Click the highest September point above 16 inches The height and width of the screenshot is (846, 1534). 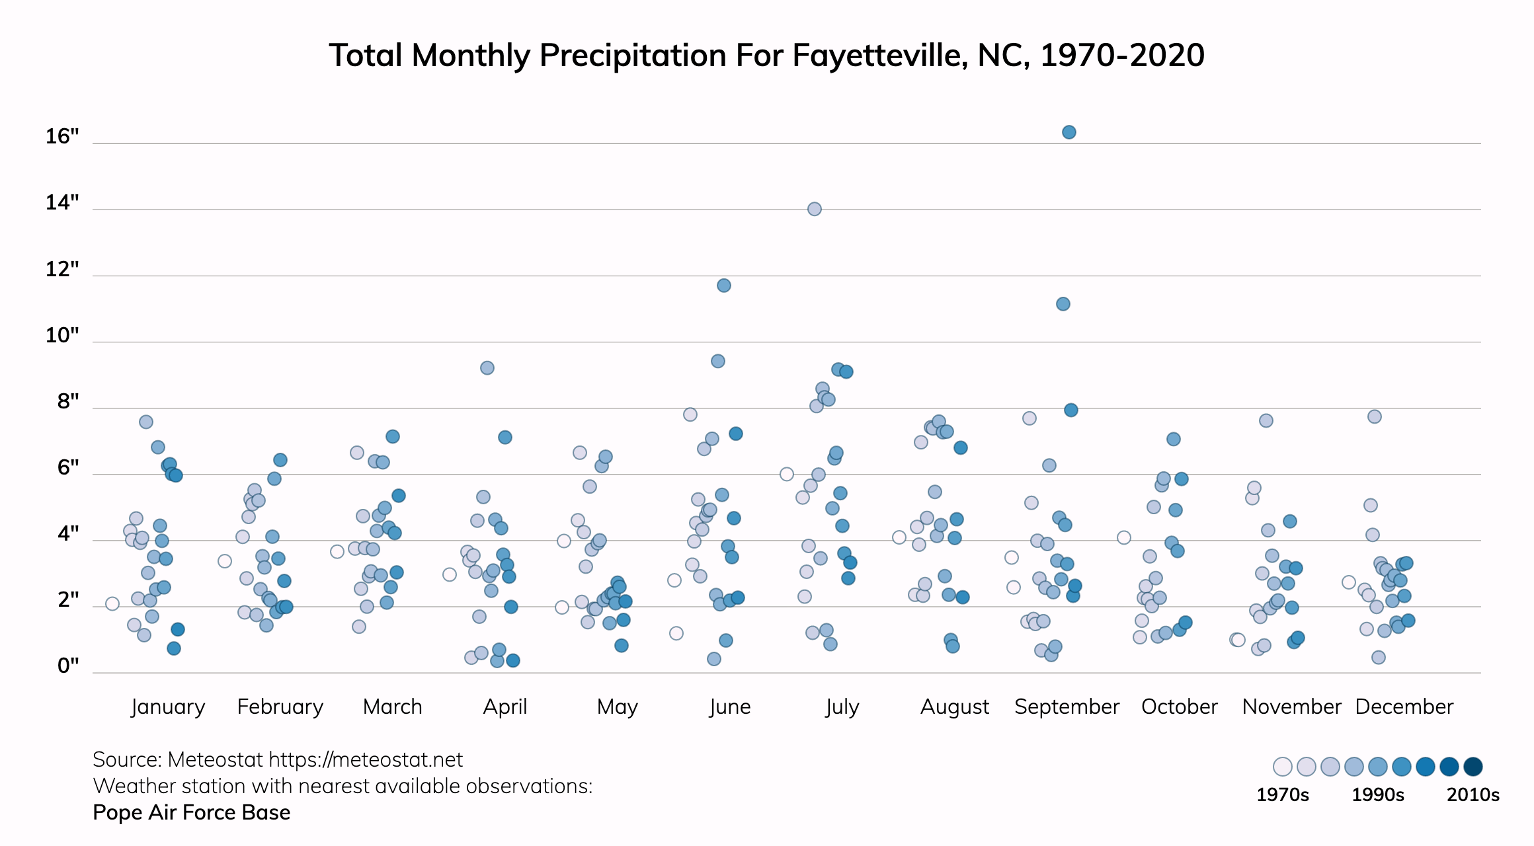point(1069,132)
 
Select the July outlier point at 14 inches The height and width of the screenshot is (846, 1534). point(815,209)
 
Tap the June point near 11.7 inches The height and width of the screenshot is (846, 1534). point(724,286)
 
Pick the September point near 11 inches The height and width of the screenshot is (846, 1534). point(1063,304)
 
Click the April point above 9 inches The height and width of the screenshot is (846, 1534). point(487,368)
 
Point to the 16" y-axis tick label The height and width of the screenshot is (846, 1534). point(62,137)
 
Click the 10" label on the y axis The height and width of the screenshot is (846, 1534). point(62,336)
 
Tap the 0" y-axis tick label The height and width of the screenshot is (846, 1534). point(68,666)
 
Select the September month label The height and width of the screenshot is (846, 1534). point(1067,707)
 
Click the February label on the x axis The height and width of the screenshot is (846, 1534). point(280,707)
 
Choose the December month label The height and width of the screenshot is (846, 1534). point(1404,707)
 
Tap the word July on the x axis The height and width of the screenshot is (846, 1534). point(842,707)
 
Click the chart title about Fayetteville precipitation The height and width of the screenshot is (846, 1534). point(767,56)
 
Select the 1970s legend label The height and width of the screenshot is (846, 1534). point(1283,794)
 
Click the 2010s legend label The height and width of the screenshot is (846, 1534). point(1473,794)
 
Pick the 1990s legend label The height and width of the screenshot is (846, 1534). point(1378,794)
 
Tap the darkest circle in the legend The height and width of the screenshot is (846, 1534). point(1473,767)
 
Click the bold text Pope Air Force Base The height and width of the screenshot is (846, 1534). point(192,812)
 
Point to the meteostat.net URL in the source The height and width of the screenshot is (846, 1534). point(366,760)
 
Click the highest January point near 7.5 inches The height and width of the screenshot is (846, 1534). point(146,422)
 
